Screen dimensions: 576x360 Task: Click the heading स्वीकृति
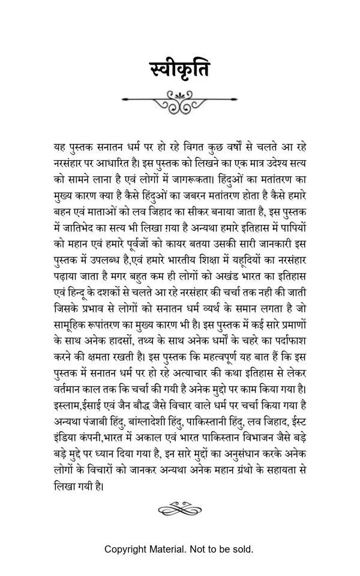(x=179, y=71)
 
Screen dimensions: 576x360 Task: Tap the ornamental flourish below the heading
(x=180, y=100)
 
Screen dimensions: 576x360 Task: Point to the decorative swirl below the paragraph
(x=180, y=510)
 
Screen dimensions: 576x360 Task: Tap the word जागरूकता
(x=191, y=178)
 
